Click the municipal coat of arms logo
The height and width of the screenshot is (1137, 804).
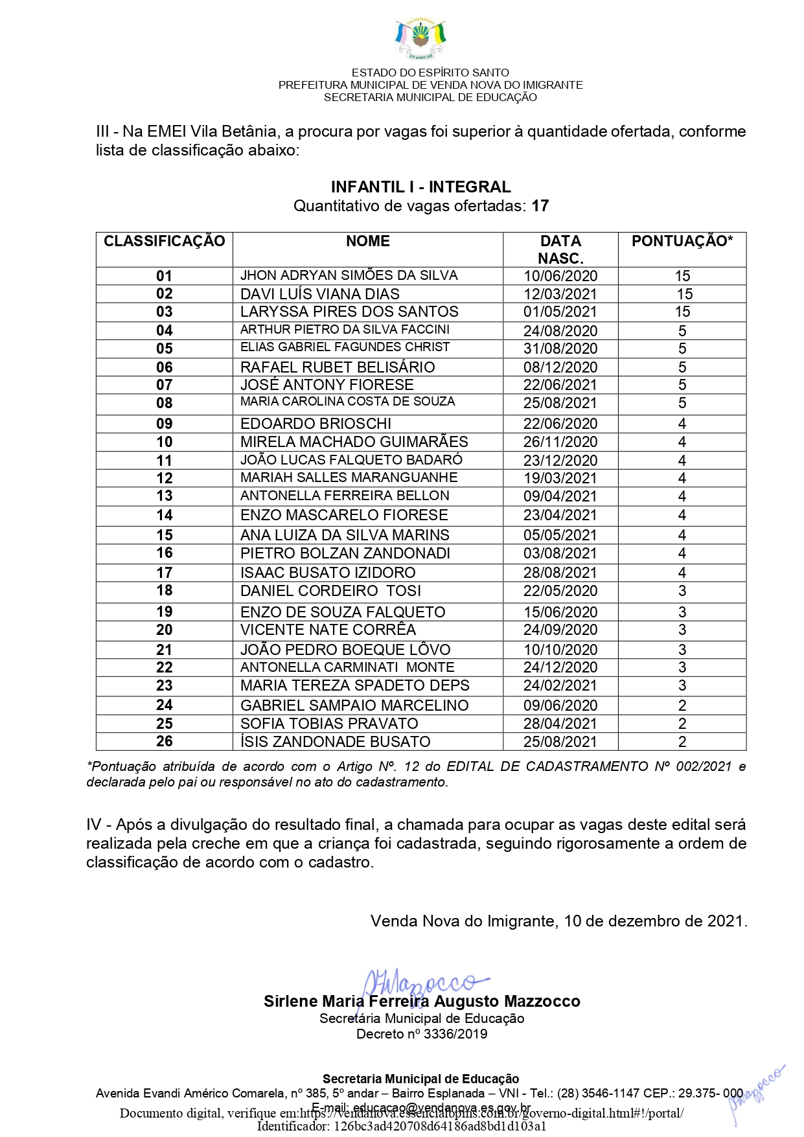pos(420,40)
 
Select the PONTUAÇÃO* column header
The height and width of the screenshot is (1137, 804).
pos(682,242)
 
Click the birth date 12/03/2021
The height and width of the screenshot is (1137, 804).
pos(560,294)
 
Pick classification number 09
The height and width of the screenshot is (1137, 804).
pos(165,424)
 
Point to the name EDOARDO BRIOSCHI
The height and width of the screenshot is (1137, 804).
pos(316,424)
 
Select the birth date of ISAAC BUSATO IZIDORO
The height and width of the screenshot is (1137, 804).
pos(560,573)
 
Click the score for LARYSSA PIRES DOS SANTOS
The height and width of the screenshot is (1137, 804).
pos(682,312)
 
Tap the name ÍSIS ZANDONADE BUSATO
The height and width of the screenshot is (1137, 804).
pos(335,742)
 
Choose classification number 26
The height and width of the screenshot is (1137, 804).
pos(165,741)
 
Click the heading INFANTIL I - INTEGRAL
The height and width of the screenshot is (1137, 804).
pos(420,187)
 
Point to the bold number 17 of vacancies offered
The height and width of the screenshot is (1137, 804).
pos(540,206)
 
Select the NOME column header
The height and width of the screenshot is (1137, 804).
pos(367,242)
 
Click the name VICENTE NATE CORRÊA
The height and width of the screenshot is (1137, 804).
pos(328,630)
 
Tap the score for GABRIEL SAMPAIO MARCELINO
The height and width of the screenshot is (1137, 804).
pos(682,706)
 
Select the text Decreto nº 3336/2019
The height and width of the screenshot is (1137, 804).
pos(422,1034)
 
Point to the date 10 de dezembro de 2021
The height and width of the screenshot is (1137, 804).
pos(655,921)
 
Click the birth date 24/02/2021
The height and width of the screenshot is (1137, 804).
pos(560,685)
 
